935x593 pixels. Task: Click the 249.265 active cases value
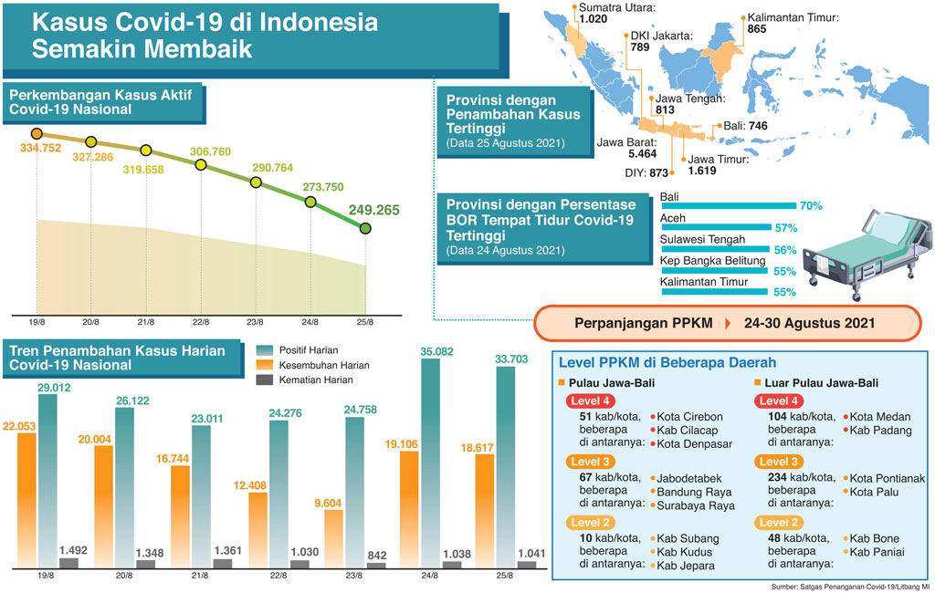point(374,210)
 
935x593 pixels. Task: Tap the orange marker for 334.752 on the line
point(37,134)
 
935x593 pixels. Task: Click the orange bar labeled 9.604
point(335,537)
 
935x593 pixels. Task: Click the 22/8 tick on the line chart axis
point(201,322)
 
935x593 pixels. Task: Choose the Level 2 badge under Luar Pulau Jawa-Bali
point(781,523)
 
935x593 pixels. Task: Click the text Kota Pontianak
point(887,478)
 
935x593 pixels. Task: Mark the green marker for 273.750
point(310,203)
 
